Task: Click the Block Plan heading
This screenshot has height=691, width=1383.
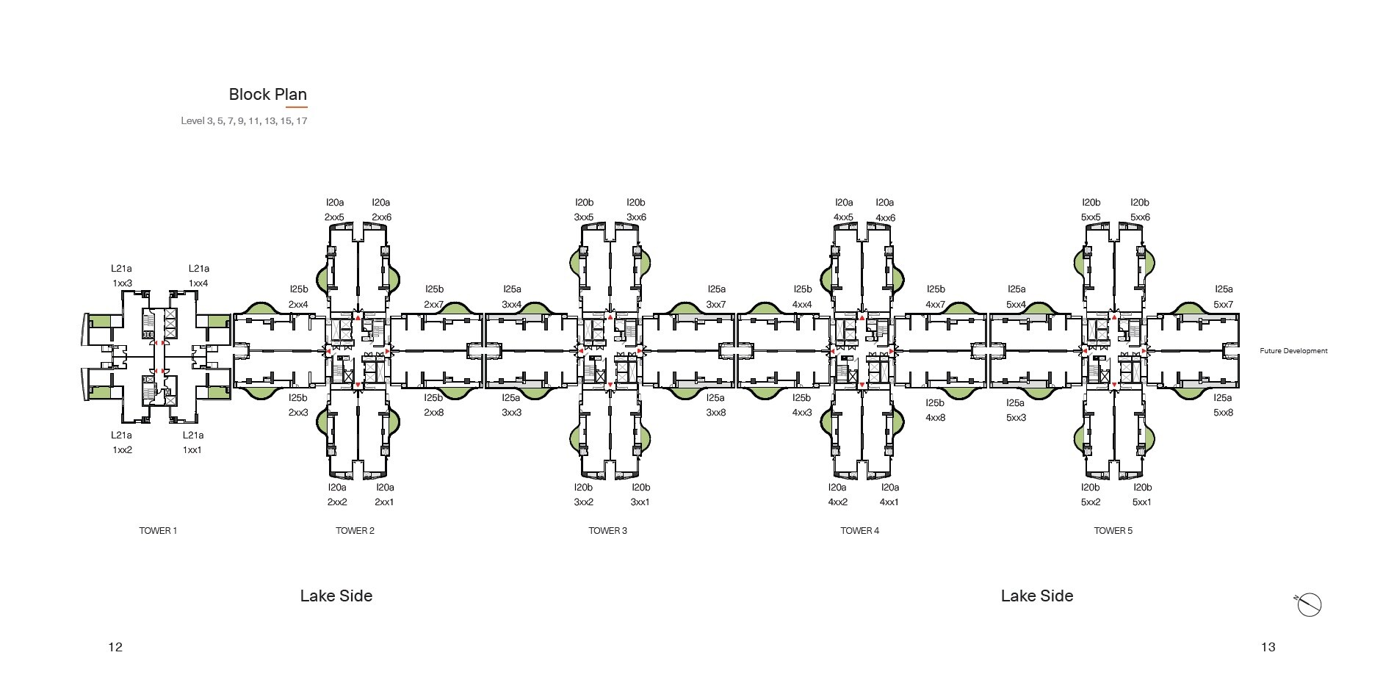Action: click(267, 94)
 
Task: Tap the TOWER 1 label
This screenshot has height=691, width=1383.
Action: click(158, 531)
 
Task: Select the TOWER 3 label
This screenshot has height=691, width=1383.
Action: click(607, 531)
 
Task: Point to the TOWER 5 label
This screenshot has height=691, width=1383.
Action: click(1113, 531)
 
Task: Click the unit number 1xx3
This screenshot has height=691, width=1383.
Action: click(122, 283)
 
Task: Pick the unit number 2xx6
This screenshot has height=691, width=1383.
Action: click(381, 217)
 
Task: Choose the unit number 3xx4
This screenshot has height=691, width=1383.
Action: click(512, 304)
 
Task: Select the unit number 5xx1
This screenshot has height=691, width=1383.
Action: click(1141, 502)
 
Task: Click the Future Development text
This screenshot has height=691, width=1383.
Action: click(1293, 351)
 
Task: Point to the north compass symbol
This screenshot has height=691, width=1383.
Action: click(1308, 605)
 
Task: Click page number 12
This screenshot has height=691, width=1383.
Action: click(115, 647)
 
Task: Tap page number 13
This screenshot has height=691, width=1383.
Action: click(1268, 647)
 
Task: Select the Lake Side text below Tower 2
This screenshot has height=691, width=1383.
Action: click(336, 596)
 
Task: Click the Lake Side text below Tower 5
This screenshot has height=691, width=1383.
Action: click(1036, 596)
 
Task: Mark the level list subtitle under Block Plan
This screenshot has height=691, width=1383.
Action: click(244, 121)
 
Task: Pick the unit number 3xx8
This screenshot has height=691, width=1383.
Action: click(715, 413)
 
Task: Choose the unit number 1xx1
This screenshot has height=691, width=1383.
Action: click(192, 450)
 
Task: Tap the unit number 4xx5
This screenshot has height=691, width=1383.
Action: click(843, 217)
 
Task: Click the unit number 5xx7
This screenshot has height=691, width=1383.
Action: click(1223, 304)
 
